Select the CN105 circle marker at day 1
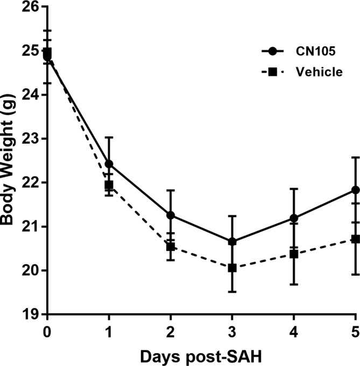point(109,164)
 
